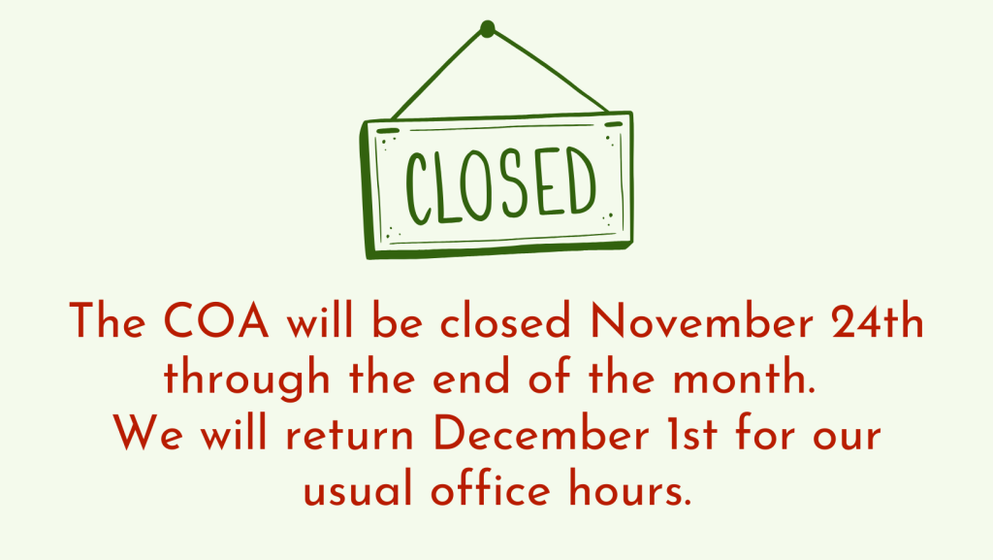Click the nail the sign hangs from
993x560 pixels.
(487, 29)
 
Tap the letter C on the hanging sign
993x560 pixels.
(418, 189)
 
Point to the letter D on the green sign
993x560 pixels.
(581, 180)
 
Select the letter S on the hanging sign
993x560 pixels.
(513, 184)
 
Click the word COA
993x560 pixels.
(216, 320)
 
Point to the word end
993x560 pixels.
(471, 378)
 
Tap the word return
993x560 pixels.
(349, 435)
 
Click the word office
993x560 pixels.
(491, 489)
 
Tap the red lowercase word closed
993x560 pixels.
(505, 320)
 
